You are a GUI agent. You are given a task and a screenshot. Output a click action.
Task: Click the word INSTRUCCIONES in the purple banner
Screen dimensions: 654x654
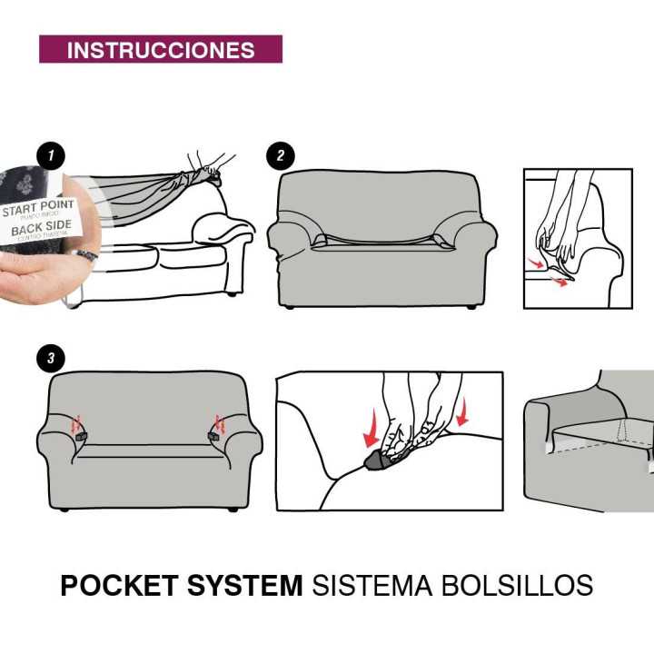tap(161, 50)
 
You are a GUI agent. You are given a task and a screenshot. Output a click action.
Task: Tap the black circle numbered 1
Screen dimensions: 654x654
tap(51, 156)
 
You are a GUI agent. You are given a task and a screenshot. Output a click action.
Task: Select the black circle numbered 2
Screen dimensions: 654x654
tap(281, 156)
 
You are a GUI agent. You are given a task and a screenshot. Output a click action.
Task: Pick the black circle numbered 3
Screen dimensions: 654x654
tap(51, 360)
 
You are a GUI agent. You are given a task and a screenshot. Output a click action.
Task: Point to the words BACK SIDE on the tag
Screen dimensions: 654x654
tap(42, 230)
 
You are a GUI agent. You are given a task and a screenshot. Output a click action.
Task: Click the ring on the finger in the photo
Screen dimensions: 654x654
tap(86, 256)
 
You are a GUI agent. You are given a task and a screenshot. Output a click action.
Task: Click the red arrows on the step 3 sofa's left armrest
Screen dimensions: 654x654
tap(77, 423)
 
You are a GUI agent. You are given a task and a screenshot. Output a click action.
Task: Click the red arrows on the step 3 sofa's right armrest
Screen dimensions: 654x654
tap(218, 423)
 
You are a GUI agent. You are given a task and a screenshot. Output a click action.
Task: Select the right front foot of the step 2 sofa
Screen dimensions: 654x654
tap(471, 306)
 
